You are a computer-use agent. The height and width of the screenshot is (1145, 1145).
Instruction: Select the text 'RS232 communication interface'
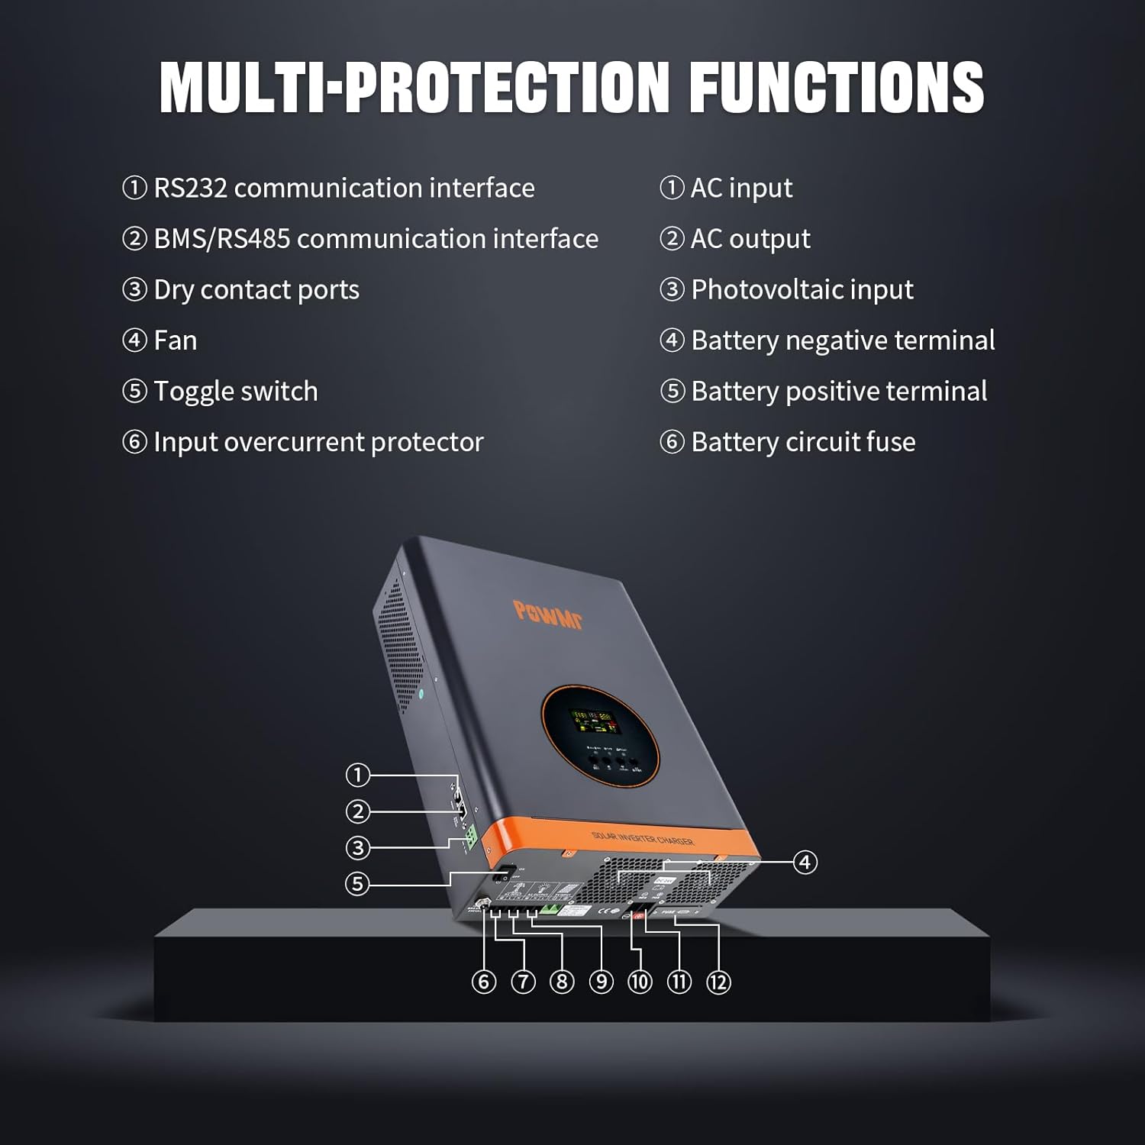[343, 188]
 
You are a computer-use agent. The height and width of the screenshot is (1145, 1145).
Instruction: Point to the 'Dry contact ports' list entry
[256, 290]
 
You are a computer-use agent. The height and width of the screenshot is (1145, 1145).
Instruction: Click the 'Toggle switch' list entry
[235, 392]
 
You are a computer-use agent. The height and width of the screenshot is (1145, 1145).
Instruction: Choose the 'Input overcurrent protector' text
[318, 442]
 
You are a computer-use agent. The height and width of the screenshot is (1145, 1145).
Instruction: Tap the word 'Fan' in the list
[175, 340]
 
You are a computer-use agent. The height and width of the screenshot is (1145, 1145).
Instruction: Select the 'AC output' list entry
[750, 239]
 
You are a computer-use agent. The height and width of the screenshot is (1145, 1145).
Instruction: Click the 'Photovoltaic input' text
[801, 290]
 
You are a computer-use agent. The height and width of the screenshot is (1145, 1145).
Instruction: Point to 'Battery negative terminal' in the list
[842, 340]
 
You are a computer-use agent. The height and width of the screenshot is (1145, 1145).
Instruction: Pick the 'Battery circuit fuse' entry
[802, 442]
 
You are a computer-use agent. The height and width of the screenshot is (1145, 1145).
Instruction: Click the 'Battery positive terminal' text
[838, 392]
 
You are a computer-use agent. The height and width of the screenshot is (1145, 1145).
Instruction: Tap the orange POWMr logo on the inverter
[548, 615]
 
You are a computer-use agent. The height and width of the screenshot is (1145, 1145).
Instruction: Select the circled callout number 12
[718, 982]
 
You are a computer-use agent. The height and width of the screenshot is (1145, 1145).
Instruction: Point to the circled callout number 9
[602, 982]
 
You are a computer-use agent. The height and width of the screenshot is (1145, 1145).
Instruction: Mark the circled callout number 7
[523, 982]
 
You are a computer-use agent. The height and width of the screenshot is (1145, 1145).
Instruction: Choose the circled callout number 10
[640, 982]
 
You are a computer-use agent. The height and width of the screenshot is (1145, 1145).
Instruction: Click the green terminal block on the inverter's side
[471, 837]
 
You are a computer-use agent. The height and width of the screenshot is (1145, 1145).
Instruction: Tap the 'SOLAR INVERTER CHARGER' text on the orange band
[643, 839]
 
